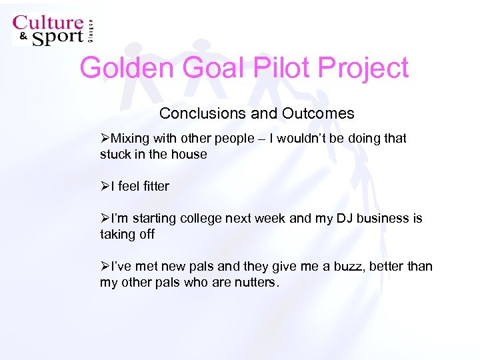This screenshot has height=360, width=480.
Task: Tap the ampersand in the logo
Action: [x=22, y=37]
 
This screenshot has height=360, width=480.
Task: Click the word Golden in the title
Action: [x=122, y=69]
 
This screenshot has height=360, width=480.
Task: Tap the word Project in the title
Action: [x=363, y=69]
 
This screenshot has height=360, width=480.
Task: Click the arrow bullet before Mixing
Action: [x=105, y=139]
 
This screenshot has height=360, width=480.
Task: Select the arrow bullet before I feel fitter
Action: [x=105, y=187]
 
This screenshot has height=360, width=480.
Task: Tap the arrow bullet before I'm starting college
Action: [x=105, y=219]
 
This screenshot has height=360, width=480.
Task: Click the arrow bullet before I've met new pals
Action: [x=105, y=267]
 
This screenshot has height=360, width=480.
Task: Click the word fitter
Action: [x=154, y=187]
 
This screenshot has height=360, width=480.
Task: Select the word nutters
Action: [x=253, y=282]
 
